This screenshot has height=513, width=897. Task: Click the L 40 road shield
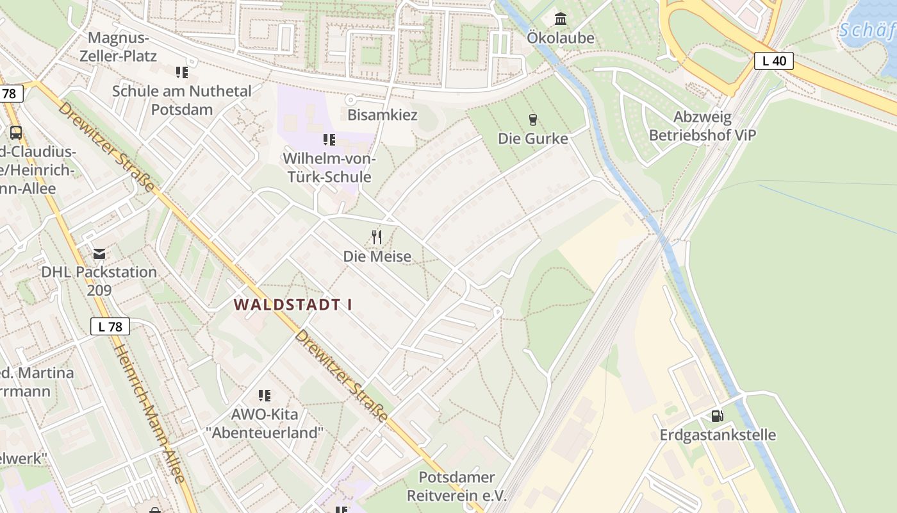tap(774, 61)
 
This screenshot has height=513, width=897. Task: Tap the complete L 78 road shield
tap(110, 326)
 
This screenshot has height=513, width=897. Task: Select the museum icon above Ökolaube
tap(561, 18)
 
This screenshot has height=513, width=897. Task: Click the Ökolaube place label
tap(561, 38)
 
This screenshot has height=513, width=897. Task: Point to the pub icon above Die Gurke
tap(532, 119)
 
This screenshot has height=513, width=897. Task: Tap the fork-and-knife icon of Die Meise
tap(377, 238)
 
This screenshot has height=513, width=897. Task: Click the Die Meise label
tap(377, 256)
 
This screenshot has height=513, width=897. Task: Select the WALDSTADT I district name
tap(293, 305)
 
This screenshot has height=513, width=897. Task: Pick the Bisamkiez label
tap(382, 115)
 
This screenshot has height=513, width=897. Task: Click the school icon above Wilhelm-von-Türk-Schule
tap(329, 139)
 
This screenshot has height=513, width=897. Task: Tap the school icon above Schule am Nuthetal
tap(181, 72)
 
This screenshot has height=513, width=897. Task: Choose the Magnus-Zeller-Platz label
tap(118, 47)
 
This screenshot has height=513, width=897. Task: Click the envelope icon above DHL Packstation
tap(99, 253)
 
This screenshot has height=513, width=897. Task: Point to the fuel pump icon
tap(717, 416)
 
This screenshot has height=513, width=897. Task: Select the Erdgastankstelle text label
tap(718, 435)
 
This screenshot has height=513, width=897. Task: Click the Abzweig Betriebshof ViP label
tap(702, 126)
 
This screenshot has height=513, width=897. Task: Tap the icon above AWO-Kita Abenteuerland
tap(264, 395)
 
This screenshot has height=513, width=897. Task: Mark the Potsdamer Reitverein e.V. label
tap(457, 486)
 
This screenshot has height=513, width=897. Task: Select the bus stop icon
tap(16, 133)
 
